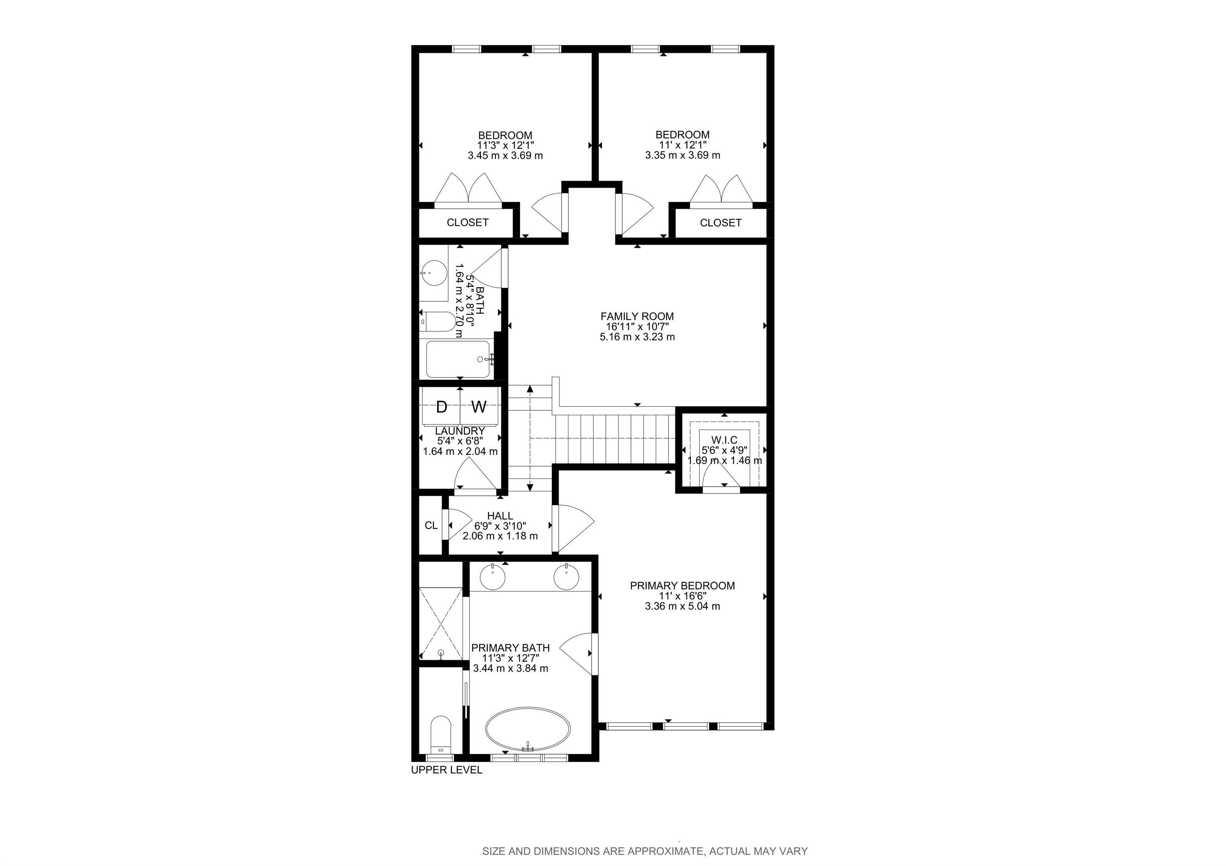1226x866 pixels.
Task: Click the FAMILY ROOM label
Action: coord(637,316)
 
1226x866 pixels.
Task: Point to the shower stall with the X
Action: coord(441,623)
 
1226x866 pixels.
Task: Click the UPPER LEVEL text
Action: coord(447,770)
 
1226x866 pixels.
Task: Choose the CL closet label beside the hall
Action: coord(431,525)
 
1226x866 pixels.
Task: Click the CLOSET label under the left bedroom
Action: coord(467,223)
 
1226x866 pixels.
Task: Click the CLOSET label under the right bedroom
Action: coord(720,223)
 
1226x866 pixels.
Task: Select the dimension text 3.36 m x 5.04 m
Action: coord(682,606)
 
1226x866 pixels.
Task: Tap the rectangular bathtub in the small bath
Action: coord(458,359)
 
